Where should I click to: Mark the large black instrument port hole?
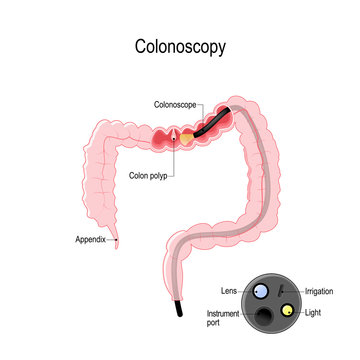(x=265, y=318)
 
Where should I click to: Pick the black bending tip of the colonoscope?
(x=212, y=122)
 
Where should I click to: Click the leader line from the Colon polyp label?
(x=171, y=160)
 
